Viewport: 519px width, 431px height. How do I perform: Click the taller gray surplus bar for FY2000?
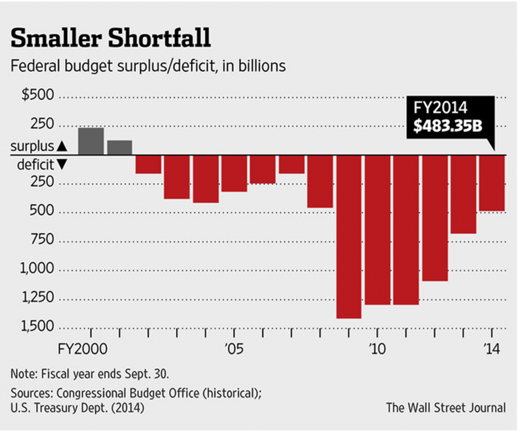coord(91,141)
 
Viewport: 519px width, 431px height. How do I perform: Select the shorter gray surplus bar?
coord(119,147)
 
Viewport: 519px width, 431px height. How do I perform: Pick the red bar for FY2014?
coord(492,183)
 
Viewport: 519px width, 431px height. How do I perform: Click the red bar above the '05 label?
coord(234,173)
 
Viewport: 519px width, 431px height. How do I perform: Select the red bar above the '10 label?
coord(378,230)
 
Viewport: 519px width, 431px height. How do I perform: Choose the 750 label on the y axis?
coord(42,240)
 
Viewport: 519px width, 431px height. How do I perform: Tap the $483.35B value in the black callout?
coord(448,126)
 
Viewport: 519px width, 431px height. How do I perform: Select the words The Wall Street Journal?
coord(446,407)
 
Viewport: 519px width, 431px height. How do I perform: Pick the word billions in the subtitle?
coord(263,66)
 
